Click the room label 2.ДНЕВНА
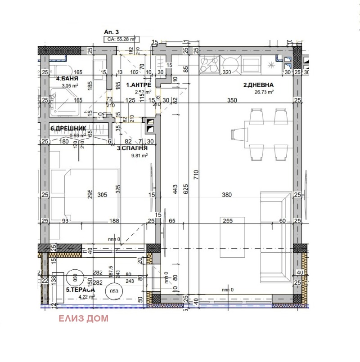click(x=259, y=85)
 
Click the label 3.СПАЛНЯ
click(x=132, y=148)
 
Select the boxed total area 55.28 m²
click(x=122, y=40)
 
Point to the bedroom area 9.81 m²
click(x=139, y=156)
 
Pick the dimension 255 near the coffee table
click(x=228, y=221)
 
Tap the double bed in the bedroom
click(x=85, y=196)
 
